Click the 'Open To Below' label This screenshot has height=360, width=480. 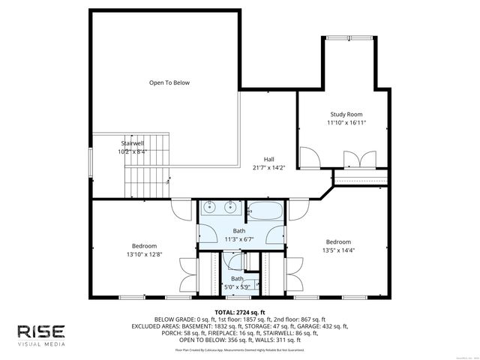tap(169, 82)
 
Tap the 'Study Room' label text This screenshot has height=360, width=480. tap(346, 114)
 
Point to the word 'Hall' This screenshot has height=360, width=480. tap(268, 159)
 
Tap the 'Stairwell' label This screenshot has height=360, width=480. tap(132, 142)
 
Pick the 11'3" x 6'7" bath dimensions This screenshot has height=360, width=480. tap(238, 239)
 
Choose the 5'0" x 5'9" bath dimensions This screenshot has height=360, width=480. tap(238, 286)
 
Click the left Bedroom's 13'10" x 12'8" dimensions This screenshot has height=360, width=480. tap(144, 254)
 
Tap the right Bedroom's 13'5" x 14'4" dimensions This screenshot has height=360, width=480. tap(337, 250)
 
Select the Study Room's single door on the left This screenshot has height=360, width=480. tap(307, 158)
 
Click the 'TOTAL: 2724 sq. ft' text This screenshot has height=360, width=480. tap(240, 311)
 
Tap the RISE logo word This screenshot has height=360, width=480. tap(42, 331)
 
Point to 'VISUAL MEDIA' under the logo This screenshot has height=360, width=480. tap(42, 346)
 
